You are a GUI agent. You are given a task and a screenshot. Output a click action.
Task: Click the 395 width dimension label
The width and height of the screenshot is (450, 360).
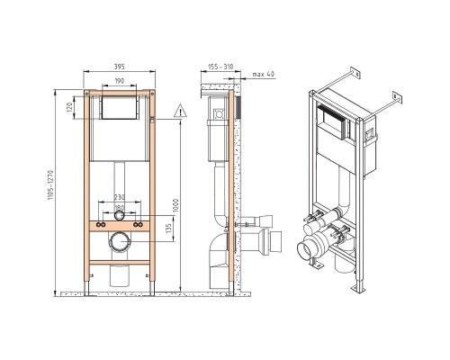pyautogui.click(x=120, y=67)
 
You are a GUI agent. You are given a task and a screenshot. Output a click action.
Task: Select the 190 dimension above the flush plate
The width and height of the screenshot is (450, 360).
pyautogui.click(x=120, y=81)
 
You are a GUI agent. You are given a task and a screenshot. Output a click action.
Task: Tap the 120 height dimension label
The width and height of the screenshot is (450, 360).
pyautogui.click(x=69, y=107)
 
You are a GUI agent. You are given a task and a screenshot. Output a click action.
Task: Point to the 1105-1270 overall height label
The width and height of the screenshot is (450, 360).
pyautogui.click(x=50, y=185)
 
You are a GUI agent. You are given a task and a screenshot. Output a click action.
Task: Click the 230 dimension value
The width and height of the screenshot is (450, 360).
pyautogui.click(x=119, y=197)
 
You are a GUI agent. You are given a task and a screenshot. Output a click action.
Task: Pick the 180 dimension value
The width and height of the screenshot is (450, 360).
pyautogui.click(x=119, y=208)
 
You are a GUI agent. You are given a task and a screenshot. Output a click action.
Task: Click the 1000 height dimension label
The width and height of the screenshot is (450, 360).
pyautogui.click(x=176, y=205)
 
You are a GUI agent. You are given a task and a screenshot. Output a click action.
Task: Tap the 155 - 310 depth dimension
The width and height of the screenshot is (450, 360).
pyautogui.click(x=220, y=67)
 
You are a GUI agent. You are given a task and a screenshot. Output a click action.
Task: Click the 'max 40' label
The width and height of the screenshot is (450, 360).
pyautogui.click(x=264, y=74)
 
